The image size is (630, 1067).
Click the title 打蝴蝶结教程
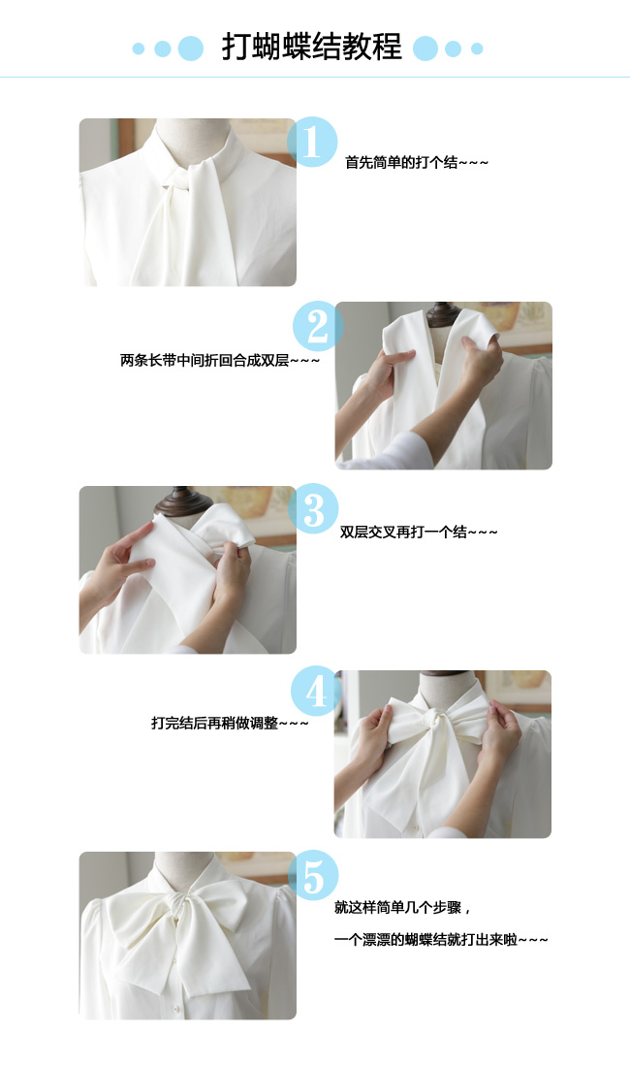pos(312,47)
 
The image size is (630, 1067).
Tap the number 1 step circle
pos(312,143)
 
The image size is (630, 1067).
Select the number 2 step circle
pos(317,327)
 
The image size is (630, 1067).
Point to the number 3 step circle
pos(313,509)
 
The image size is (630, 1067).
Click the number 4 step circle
pos(316,692)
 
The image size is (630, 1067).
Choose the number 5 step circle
pos(313,876)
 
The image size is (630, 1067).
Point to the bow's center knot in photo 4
pos(432,720)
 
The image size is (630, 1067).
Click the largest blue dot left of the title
pos(190,48)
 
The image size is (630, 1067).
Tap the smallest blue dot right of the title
pos(477,48)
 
